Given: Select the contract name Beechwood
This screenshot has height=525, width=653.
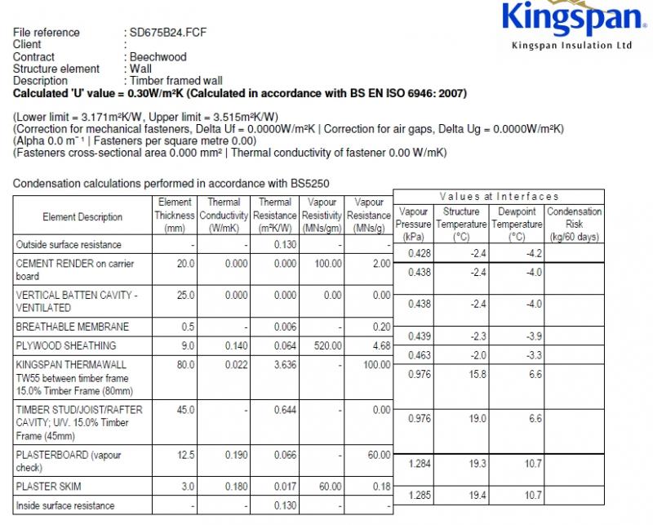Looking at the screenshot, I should coord(158,57).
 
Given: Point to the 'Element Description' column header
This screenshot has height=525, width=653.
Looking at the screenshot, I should coord(82,217).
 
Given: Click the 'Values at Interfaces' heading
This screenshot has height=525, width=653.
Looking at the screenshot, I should coord(499,196).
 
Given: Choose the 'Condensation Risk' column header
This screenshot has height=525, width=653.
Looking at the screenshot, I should coord(575,224).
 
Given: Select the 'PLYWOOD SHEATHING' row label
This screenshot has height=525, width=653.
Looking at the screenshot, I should coord(66,345).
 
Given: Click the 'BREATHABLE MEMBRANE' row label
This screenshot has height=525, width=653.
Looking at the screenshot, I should coord(72,327).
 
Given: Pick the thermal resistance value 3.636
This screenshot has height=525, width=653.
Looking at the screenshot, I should coord(282,364).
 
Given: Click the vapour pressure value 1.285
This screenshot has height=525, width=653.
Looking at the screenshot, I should coord(417,496).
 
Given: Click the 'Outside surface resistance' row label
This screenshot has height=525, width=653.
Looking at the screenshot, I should coord(69,244).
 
